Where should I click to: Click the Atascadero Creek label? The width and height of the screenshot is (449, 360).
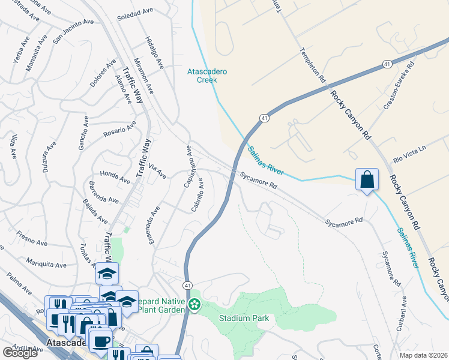[x=207, y=75]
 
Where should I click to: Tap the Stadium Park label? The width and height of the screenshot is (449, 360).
[x=244, y=318]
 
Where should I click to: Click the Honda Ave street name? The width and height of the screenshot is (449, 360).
[x=115, y=176]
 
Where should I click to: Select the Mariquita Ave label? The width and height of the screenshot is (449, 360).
[x=46, y=263]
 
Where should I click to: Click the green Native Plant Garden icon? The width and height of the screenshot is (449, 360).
[x=194, y=305]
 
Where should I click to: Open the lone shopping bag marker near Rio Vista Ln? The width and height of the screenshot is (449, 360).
[x=367, y=179]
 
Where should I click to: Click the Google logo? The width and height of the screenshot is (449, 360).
[x=20, y=353]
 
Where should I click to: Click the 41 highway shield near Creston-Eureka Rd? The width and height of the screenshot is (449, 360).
[x=388, y=64]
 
